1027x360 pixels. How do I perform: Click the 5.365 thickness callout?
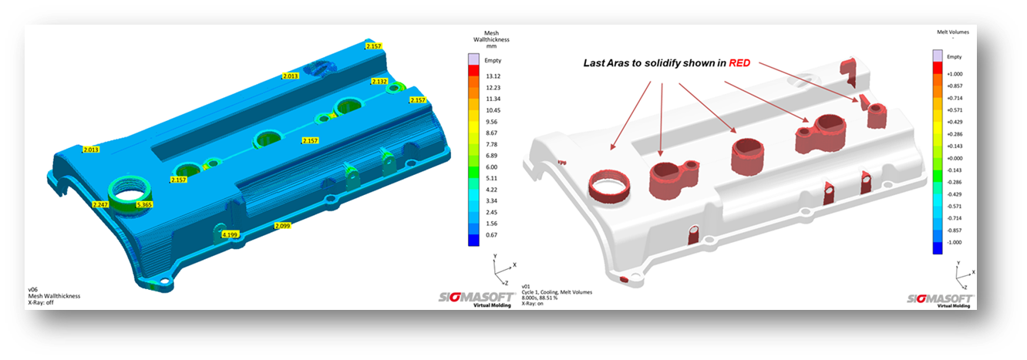[x=143, y=205]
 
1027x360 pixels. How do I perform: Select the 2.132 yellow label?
[x=379, y=82]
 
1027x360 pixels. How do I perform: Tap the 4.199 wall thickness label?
[x=230, y=234]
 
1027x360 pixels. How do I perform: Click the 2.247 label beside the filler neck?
[x=100, y=205]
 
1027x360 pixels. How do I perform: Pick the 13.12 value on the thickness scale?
[x=493, y=76]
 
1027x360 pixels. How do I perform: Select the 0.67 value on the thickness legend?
[x=492, y=235]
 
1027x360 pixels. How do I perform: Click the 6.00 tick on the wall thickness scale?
[x=492, y=167]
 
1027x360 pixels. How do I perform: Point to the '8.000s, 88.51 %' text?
[x=548, y=298]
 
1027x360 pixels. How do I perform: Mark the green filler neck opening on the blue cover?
[x=127, y=190]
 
